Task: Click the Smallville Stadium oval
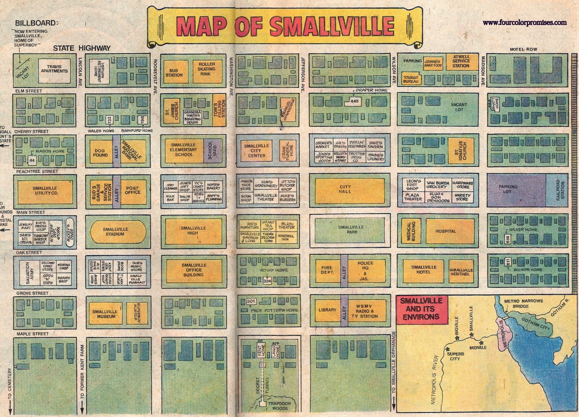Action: pyautogui.click(x=118, y=232)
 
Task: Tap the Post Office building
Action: pyautogui.click(x=132, y=190)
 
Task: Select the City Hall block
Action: pyautogui.click(x=349, y=189)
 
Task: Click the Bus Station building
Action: pyautogui.click(x=174, y=73)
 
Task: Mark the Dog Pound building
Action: pyautogui.click(x=100, y=152)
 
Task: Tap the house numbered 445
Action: pyautogui.click(x=354, y=101)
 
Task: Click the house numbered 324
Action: pyautogui.click(x=267, y=281)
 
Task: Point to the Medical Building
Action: pyautogui.click(x=409, y=231)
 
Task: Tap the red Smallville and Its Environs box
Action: pyautogui.click(x=422, y=309)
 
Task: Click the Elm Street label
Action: pyautogui.click(x=29, y=91)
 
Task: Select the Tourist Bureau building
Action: pyautogui.click(x=411, y=79)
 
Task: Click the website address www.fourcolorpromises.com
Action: pyautogui.click(x=524, y=23)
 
